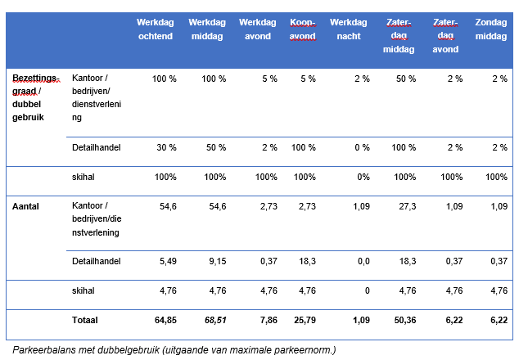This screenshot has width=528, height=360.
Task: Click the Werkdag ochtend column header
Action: [x=156, y=29]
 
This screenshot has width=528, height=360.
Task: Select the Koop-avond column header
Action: [x=303, y=29]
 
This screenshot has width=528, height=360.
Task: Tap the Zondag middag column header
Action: [x=491, y=29]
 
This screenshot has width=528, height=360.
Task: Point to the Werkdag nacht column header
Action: [x=349, y=29]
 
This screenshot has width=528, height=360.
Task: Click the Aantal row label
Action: [x=25, y=206]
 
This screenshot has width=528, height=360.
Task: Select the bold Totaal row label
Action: [x=85, y=320]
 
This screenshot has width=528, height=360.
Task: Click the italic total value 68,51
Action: [x=215, y=320]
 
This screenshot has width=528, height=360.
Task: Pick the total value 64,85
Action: [x=165, y=320]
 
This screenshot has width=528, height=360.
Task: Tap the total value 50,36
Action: [x=405, y=320]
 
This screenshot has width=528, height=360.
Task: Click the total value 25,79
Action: [x=305, y=320]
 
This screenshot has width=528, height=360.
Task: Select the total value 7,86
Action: [x=269, y=320]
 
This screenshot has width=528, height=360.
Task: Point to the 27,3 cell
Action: [x=408, y=206]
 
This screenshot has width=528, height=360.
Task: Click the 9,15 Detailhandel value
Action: [x=218, y=261]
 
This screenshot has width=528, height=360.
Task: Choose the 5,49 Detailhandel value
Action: [x=168, y=261]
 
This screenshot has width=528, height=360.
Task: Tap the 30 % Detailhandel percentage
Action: [x=166, y=147]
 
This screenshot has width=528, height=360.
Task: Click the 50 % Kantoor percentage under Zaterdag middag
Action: [x=406, y=79]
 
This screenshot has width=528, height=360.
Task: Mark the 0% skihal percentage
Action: [x=363, y=177]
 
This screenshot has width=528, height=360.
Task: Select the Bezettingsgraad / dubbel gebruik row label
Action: [x=36, y=97]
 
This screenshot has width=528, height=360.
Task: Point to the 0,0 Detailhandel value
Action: [x=363, y=261]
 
